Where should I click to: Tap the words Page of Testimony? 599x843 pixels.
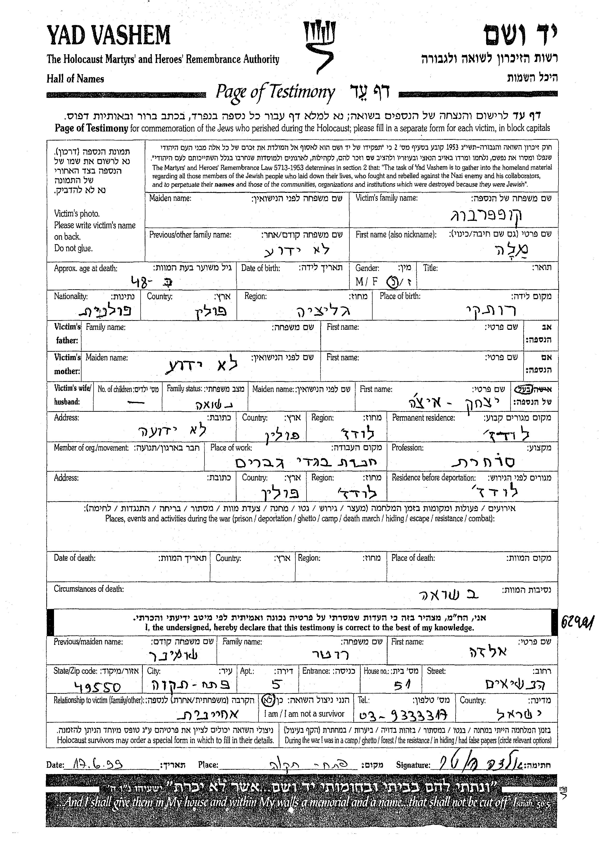pos(275,92)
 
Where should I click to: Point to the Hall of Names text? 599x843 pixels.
pos(75,79)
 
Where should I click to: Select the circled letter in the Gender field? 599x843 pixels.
pos(391,282)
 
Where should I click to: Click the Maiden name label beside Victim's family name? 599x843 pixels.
pos(170,198)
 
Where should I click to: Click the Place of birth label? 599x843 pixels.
pos(400,296)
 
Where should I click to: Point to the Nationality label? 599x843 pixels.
pos(70,296)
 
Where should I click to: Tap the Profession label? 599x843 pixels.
pos(407,448)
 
